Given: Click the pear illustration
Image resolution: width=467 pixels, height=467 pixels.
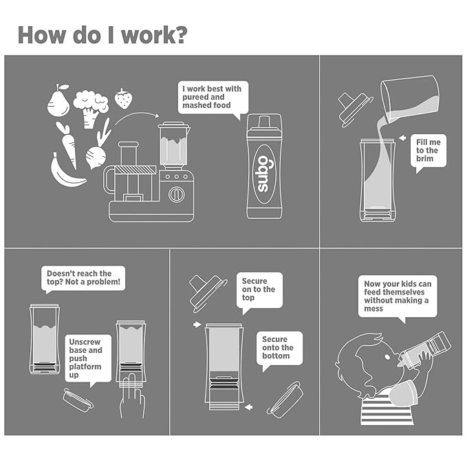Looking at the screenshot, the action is click(58, 102).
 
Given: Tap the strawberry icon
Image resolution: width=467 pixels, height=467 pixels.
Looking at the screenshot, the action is click(123, 98).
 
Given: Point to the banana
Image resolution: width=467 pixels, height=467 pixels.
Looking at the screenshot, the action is click(66, 172).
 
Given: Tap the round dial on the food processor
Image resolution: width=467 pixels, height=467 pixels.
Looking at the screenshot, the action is click(177, 195).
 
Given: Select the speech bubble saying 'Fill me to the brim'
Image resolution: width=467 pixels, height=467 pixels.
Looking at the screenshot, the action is click(428, 153).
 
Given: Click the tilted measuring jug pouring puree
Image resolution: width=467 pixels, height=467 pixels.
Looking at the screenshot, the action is click(411, 99).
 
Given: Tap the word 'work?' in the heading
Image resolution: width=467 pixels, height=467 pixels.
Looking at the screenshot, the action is click(154, 35).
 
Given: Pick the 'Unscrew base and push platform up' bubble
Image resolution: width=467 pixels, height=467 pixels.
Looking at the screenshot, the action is click(88, 360).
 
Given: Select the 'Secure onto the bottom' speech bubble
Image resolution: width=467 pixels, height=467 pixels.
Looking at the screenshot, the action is click(279, 349).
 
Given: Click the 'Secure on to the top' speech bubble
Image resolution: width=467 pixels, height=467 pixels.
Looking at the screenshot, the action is click(259, 292).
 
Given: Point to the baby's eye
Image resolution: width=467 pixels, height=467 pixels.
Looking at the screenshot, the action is click(387, 356).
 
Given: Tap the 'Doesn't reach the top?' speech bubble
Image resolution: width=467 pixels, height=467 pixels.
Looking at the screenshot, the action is click(83, 279).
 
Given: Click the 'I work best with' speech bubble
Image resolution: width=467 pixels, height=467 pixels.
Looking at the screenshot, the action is click(213, 98).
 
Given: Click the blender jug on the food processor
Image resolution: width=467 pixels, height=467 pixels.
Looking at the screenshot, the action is click(174, 144).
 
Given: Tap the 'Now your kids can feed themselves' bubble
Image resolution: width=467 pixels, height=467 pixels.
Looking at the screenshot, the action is click(398, 297).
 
